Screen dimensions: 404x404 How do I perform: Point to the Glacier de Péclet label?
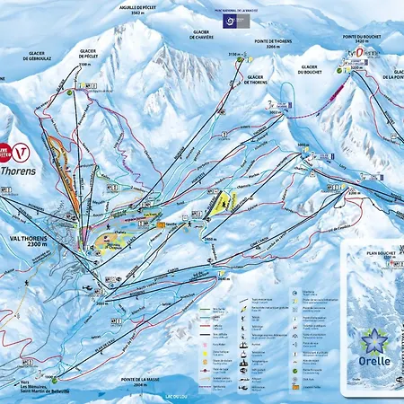click(88, 53)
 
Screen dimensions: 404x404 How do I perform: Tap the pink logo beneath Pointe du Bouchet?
click(354, 53)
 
